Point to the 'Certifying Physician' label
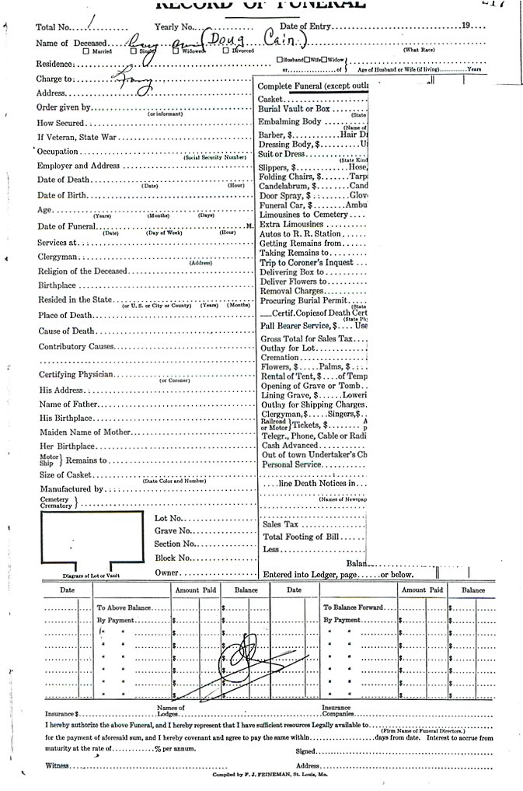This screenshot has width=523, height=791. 76,374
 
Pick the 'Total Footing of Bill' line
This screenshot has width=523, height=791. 301,537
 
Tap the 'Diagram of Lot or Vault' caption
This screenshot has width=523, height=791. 92,576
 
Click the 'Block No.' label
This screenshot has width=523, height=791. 173,558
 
